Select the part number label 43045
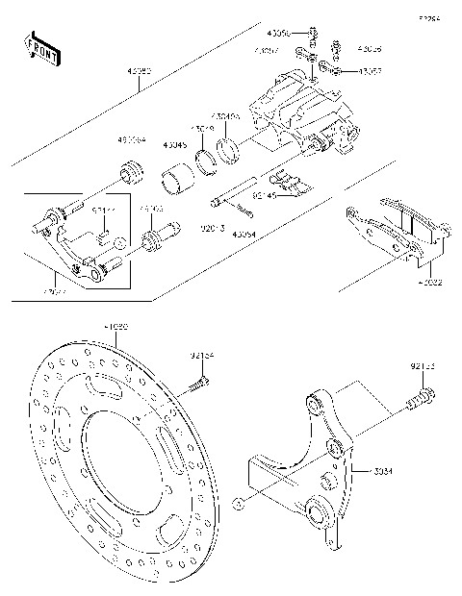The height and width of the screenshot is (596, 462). pyautogui.click(x=176, y=146)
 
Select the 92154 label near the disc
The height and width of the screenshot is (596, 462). pyautogui.click(x=202, y=357)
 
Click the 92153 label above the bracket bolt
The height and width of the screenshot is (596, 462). pyautogui.click(x=422, y=365)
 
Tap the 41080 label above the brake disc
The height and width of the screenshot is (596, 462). pyautogui.click(x=115, y=328)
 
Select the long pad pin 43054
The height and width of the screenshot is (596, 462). pyautogui.click(x=237, y=192)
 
